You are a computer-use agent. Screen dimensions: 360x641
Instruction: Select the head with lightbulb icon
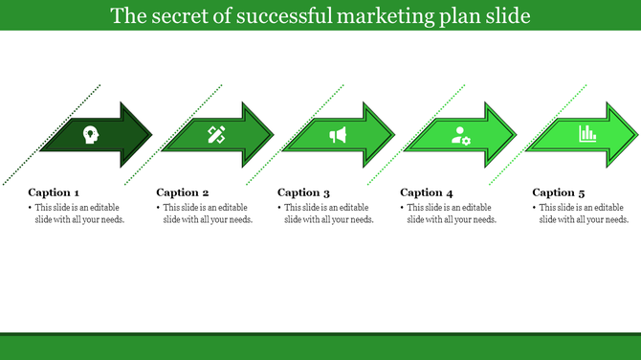pos(90,135)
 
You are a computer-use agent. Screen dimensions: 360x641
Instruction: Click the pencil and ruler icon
pos(216,135)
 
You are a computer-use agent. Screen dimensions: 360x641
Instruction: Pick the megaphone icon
pos(338,135)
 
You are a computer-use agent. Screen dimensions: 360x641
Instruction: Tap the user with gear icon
pos(461,135)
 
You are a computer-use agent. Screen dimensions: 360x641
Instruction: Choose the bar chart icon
pos(587,135)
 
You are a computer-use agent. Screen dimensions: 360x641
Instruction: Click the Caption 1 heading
pos(54,192)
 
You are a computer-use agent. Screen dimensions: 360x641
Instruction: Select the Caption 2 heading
pos(183,192)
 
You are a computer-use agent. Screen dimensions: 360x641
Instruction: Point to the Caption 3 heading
pos(304,192)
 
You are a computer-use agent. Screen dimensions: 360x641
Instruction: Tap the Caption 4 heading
pos(427,192)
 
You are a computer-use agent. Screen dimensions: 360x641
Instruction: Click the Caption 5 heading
pos(559,192)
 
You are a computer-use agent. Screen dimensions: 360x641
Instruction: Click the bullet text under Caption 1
pos(77,214)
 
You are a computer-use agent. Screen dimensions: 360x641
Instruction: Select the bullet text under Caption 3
pos(326,214)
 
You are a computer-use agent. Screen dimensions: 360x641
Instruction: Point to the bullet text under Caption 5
pos(582,214)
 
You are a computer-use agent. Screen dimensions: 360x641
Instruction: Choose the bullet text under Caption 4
pos(449,214)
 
